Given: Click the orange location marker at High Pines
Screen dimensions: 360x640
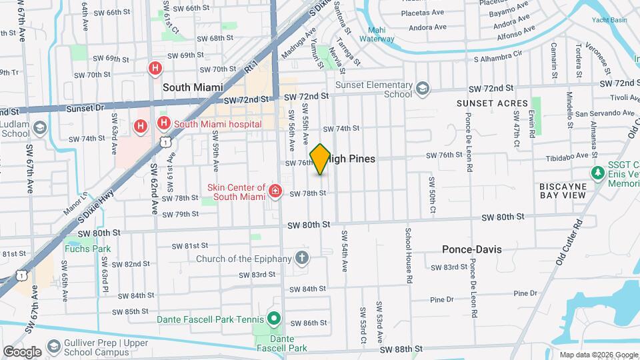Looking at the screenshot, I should point(321,159).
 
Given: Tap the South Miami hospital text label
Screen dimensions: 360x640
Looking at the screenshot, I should point(216,123).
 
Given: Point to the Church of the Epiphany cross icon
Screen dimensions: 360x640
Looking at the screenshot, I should point(302,258).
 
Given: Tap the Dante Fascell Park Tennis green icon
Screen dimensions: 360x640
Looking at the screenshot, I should point(273,319).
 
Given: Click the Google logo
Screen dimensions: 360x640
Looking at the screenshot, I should point(22,351).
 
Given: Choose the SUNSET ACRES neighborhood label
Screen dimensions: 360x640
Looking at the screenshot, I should point(492,103).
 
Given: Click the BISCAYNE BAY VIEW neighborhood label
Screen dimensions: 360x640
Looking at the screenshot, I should point(563,190).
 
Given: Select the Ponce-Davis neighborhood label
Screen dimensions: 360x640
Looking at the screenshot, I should point(471,249).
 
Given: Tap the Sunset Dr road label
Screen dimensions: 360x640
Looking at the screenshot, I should point(86,107).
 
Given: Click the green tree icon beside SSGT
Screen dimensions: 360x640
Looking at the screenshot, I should point(597,173).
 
